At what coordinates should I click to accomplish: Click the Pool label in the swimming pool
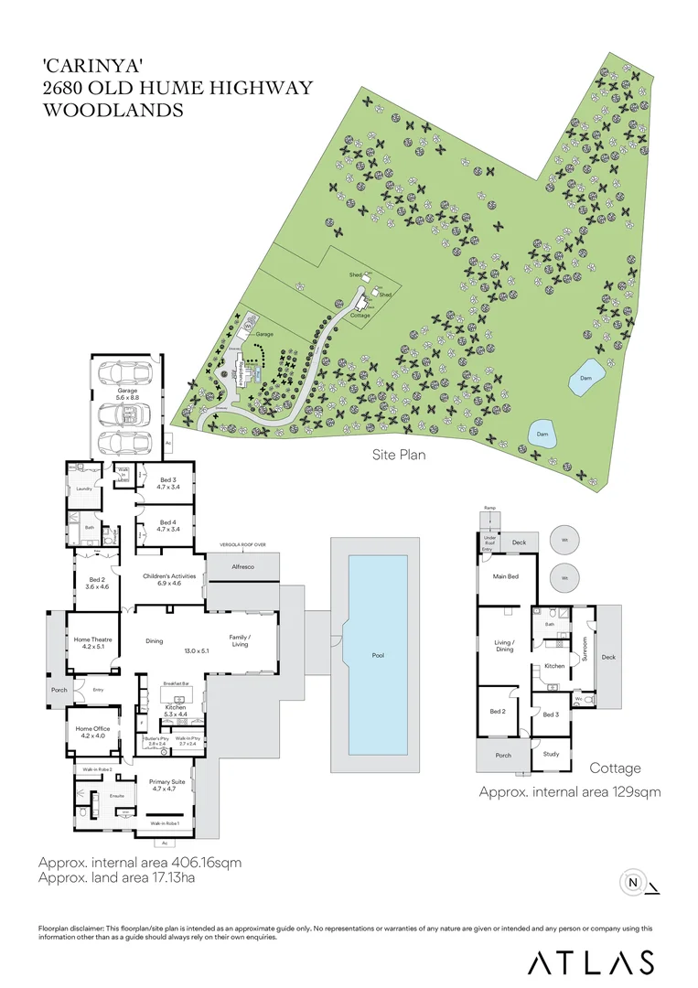[x=378, y=656]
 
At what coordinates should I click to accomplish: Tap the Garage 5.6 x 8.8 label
[x=127, y=394]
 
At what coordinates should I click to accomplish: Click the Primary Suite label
[x=167, y=785]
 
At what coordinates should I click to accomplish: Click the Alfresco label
[x=242, y=568]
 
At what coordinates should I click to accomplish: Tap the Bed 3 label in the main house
[x=168, y=483]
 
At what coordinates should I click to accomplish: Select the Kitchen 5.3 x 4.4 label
[x=175, y=710]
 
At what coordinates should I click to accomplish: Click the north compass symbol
[x=632, y=883]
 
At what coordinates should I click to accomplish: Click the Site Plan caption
[x=399, y=454]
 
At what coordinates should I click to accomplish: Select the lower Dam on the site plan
[x=542, y=434]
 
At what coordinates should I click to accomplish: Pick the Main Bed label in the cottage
[x=507, y=576]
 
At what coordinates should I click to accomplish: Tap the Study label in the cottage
[x=551, y=754]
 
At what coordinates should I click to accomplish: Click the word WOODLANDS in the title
[x=113, y=111]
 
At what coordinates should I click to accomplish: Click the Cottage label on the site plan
[x=360, y=316]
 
